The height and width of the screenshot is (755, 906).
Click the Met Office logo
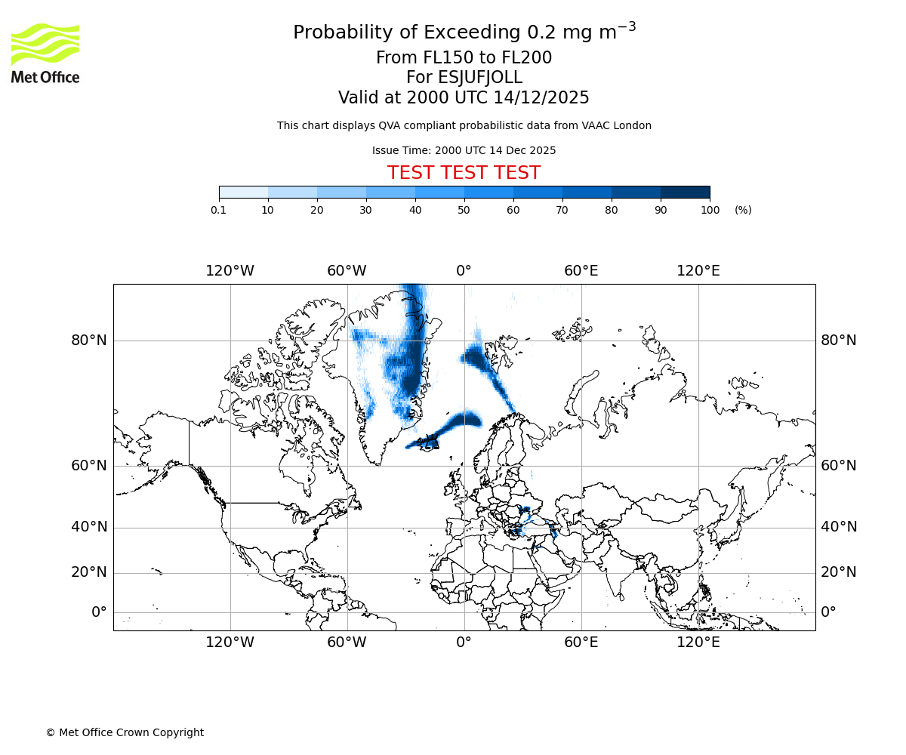[x=45, y=53]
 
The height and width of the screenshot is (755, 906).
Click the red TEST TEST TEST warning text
[x=464, y=173]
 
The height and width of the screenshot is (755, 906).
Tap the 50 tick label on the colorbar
[x=464, y=210]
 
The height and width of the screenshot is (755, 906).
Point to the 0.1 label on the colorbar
[x=218, y=210]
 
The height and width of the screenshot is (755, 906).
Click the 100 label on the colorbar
[x=710, y=210]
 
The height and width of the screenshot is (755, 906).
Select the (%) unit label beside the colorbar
[x=743, y=210]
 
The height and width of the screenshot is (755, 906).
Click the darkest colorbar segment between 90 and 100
[x=685, y=192]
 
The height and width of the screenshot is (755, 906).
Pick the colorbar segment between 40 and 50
[x=439, y=192]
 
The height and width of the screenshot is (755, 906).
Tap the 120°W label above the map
[x=230, y=271]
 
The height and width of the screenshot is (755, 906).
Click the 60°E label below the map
[x=581, y=643]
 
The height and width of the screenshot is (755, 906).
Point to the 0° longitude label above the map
[x=464, y=271]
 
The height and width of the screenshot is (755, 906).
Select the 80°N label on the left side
[x=89, y=341]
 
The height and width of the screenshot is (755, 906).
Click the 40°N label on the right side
[x=839, y=527]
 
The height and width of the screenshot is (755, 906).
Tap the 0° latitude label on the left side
[x=99, y=612]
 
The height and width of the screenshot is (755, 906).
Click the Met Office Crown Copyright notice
[x=125, y=732]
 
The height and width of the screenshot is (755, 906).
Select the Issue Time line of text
[x=464, y=150]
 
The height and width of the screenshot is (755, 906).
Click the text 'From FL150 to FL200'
[x=464, y=58]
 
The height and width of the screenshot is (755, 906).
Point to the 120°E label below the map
[x=698, y=643]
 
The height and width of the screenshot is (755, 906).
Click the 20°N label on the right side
[x=839, y=572]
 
